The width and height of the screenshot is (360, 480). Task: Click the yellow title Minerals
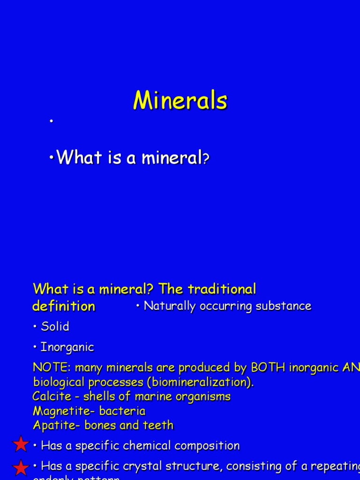(180, 100)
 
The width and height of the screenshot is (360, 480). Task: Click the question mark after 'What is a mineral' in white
(205, 159)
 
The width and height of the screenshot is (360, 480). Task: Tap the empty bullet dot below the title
(51, 121)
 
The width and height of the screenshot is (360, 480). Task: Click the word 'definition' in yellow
(63, 306)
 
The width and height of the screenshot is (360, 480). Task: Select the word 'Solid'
(55, 327)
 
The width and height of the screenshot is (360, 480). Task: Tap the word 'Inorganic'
(67, 347)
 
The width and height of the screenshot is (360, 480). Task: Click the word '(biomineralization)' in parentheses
(201, 382)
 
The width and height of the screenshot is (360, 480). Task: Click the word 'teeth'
(160, 426)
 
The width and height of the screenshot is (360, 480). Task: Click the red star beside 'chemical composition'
(21, 444)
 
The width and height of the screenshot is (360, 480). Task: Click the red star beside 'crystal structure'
(21, 467)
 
